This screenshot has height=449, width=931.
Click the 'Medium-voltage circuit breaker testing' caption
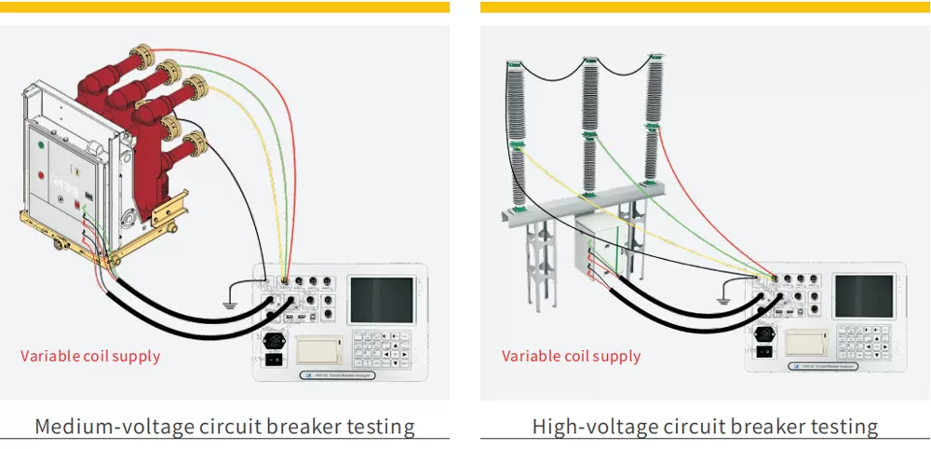click(x=224, y=427)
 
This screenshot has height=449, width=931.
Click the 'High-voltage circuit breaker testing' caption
click(x=705, y=427)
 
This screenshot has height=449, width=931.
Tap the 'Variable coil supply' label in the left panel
click(x=90, y=356)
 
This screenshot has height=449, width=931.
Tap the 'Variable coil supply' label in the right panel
click(x=572, y=356)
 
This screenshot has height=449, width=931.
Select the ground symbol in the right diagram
click(x=722, y=300)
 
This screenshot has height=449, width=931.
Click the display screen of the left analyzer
click(x=381, y=301)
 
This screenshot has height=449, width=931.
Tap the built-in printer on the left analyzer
click(x=317, y=349)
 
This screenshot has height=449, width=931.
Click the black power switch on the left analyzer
click(x=274, y=359)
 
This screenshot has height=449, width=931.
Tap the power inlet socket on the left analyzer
click(x=274, y=340)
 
